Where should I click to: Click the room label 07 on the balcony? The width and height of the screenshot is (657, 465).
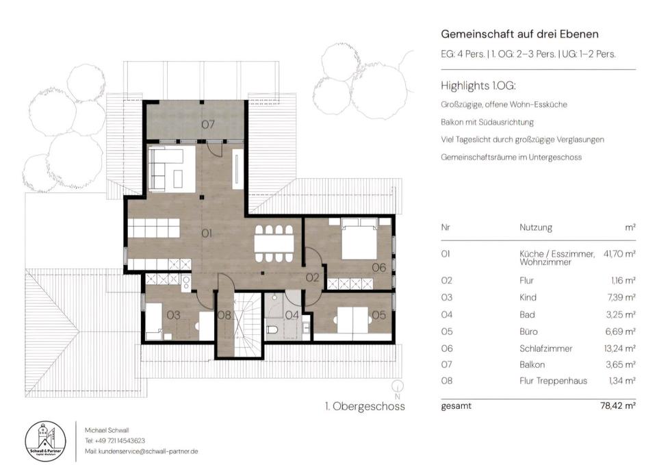point(208,125)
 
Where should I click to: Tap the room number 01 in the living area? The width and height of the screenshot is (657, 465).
point(207,233)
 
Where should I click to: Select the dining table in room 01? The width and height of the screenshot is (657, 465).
point(274,244)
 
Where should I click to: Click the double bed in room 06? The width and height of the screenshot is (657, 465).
point(359,238)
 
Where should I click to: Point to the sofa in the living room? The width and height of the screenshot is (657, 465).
point(166,168)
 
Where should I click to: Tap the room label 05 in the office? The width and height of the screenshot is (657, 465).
point(378,315)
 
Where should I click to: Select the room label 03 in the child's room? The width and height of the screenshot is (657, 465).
point(173,315)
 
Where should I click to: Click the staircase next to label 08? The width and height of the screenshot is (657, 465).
point(247,325)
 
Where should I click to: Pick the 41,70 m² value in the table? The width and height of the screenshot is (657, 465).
point(619,253)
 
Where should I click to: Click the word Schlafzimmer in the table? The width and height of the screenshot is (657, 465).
point(545,349)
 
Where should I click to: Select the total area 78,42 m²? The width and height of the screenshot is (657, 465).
point(618,406)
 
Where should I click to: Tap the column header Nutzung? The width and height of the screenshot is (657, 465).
point(535,227)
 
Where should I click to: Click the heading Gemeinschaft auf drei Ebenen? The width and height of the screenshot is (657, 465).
point(519,34)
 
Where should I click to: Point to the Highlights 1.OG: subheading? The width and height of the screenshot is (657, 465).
point(478,86)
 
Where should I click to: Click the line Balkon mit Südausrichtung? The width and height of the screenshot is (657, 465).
point(487,123)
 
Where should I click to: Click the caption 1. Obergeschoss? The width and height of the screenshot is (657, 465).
point(365,406)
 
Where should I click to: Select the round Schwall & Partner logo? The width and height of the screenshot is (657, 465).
point(45,442)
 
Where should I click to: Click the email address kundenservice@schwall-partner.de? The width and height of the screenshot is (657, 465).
point(148,451)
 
